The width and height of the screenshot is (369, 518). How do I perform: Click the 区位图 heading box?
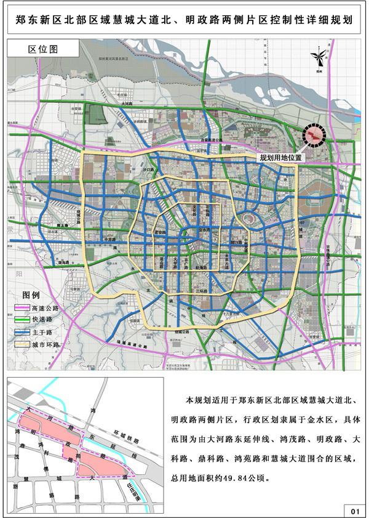point(44,48)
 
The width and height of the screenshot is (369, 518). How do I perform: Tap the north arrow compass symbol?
point(319,59)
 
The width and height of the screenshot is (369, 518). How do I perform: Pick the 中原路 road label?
point(110,239)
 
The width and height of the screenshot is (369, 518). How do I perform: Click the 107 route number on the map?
point(301,222)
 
